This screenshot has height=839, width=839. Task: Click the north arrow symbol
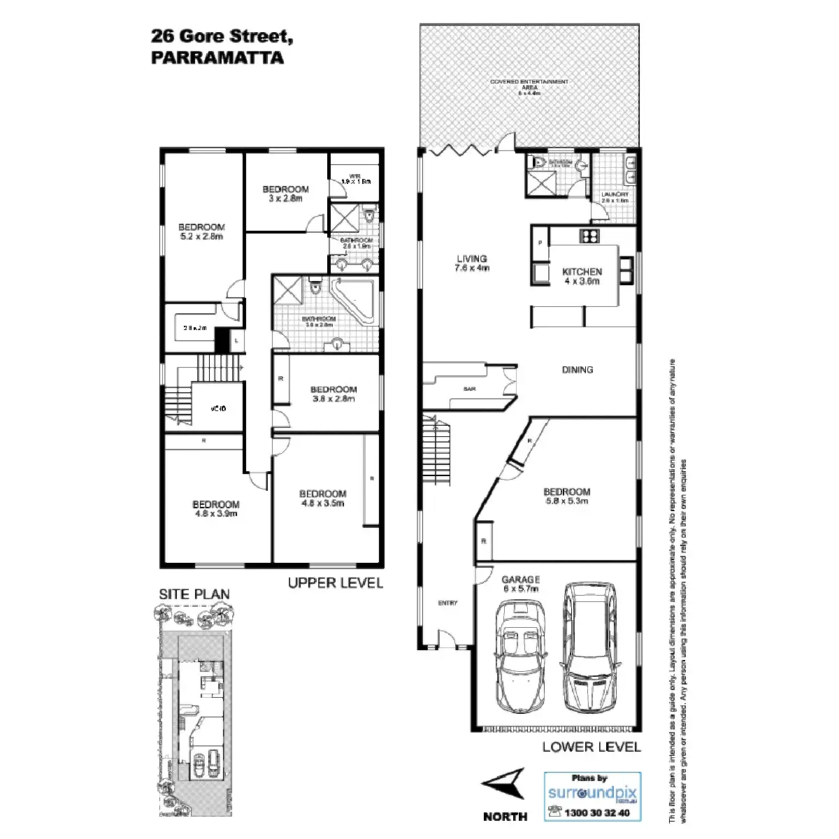click(503, 784)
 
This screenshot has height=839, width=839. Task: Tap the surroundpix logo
click(592, 793)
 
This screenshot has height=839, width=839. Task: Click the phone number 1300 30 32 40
click(596, 812)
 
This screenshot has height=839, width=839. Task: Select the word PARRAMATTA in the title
click(217, 58)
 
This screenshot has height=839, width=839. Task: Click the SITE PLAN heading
click(194, 594)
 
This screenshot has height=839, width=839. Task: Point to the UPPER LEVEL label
click(336, 582)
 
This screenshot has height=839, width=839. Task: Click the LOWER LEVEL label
click(591, 747)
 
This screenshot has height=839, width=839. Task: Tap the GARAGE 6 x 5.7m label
click(521, 584)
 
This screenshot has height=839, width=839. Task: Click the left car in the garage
click(519, 657)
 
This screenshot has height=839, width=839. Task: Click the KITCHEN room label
click(582, 276)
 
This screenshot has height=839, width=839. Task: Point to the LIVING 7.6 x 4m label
click(471, 263)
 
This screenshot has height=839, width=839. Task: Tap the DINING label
click(578, 370)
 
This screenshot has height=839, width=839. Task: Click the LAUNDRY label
click(615, 196)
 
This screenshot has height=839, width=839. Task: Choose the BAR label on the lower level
click(469, 389)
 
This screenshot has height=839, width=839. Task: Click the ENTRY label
click(447, 603)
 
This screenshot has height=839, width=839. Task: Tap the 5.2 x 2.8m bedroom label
click(201, 231)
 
